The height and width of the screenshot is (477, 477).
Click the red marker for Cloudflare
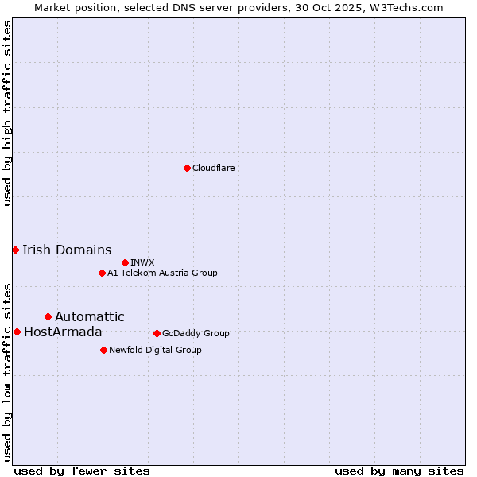[x=187, y=168]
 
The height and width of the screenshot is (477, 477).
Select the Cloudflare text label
[x=213, y=168]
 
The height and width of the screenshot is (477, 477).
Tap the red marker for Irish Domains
[x=15, y=250]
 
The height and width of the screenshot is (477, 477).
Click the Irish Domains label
[x=67, y=250]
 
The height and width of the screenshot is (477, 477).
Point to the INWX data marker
[x=125, y=262]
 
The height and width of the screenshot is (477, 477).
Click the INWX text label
[x=142, y=262]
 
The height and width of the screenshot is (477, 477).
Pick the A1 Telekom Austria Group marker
[x=102, y=273]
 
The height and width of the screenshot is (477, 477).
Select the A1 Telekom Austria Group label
[x=162, y=273]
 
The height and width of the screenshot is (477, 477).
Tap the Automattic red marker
[x=48, y=316]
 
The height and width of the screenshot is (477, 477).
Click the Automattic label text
[x=89, y=316]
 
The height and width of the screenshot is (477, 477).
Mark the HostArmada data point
[x=17, y=332]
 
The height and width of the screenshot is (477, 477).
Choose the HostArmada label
[x=63, y=332]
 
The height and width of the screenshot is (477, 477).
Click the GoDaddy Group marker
[x=157, y=333]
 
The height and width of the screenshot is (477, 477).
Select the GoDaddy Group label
[x=195, y=333]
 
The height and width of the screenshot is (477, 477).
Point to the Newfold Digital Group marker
[x=103, y=350]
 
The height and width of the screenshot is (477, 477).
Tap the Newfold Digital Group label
[x=155, y=350]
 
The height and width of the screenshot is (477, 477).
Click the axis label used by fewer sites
[x=82, y=471]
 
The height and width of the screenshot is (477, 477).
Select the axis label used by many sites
[x=399, y=471]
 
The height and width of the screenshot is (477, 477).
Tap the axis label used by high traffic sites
[x=7, y=113]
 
